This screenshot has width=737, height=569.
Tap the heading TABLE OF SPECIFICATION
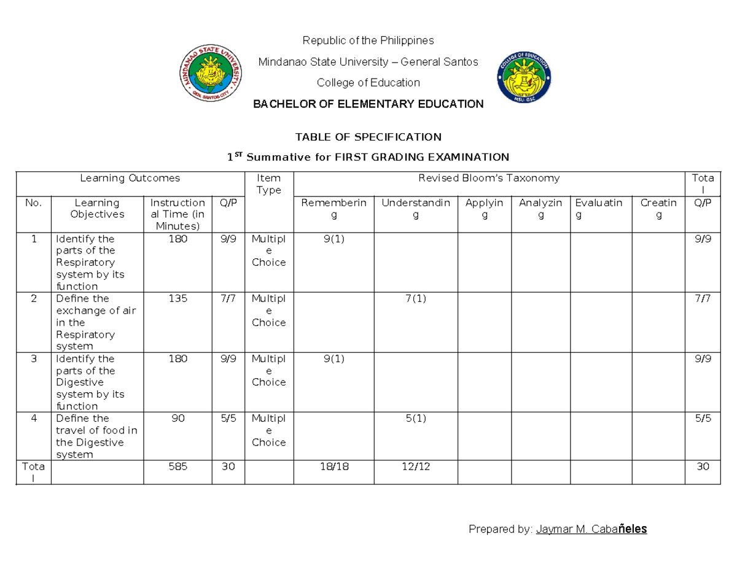click(x=368, y=136)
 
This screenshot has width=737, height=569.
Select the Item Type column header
click(x=269, y=184)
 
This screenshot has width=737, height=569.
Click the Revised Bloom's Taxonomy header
click(x=489, y=178)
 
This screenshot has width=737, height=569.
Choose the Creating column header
click(x=658, y=208)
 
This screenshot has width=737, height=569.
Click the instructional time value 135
click(x=178, y=299)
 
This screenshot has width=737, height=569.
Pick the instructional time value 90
click(x=178, y=419)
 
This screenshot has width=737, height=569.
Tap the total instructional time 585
click(x=178, y=466)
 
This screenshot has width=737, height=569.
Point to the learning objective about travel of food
click(x=96, y=436)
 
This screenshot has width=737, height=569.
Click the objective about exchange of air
click(x=95, y=322)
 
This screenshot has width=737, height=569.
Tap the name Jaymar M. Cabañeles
click(x=591, y=529)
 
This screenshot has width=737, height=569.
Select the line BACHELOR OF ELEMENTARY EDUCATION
click(x=368, y=104)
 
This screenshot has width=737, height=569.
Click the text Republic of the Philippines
click(x=368, y=41)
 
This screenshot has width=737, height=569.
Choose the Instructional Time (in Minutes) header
click(x=177, y=214)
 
